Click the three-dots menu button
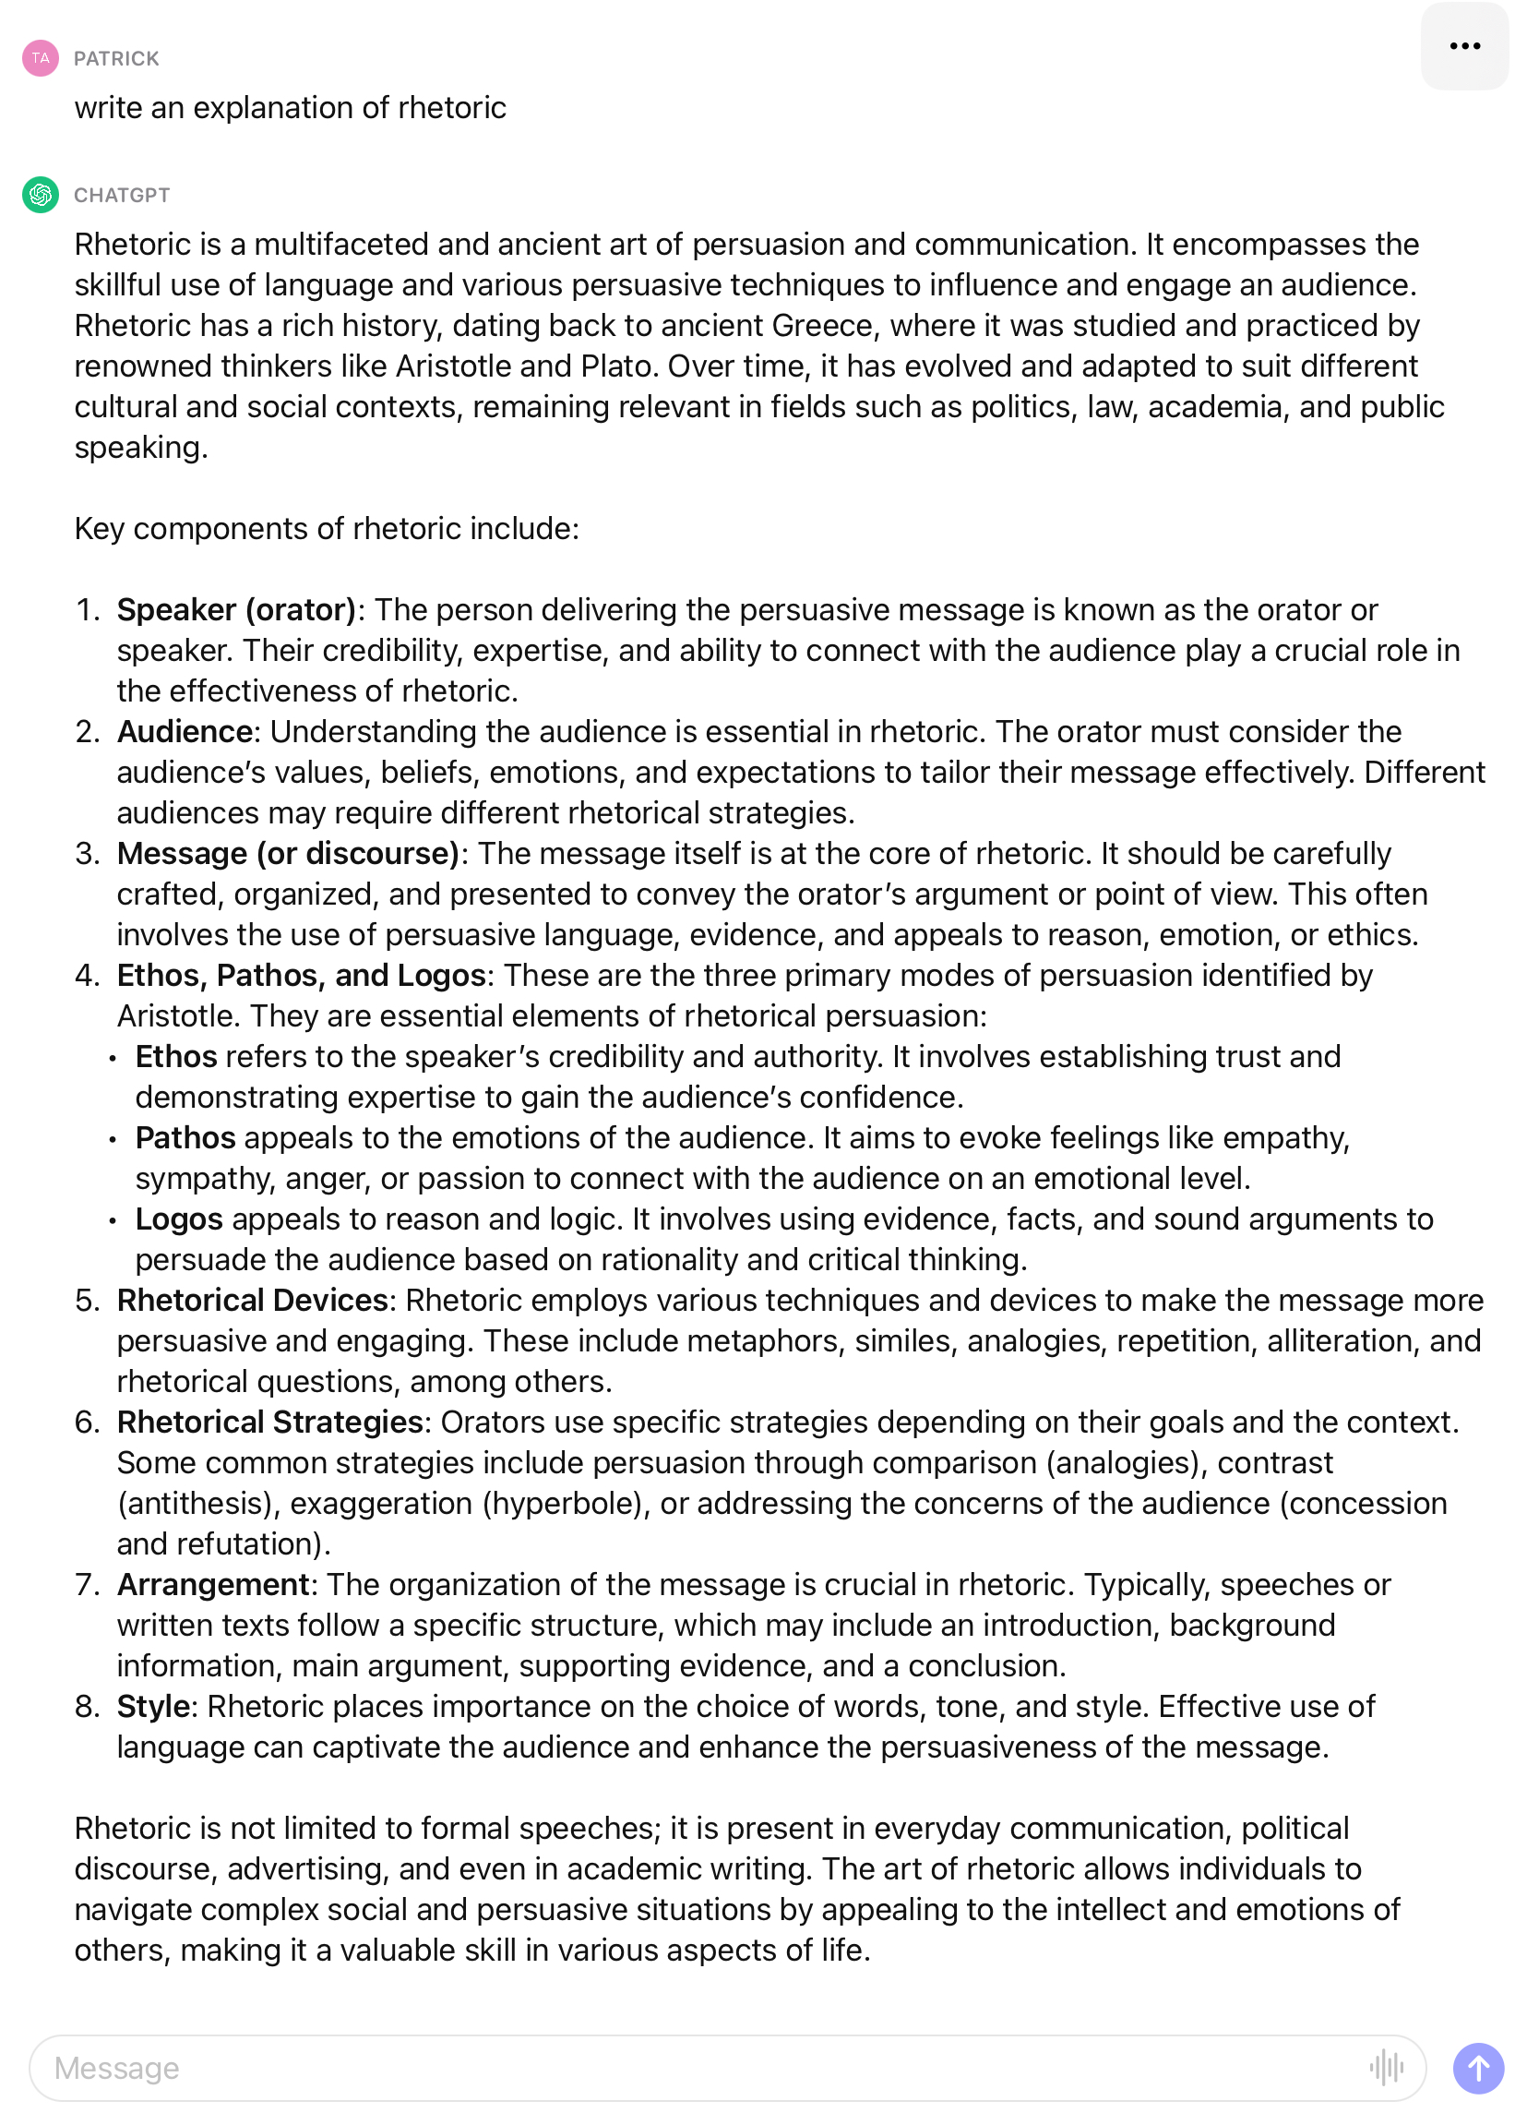[x=1464, y=46]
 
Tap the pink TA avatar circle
[x=41, y=58]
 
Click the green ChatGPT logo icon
[x=41, y=195]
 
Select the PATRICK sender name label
[x=116, y=59]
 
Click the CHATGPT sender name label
[x=122, y=196]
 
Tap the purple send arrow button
[x=1477, y=2067]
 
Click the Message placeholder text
[x=116, y=2068]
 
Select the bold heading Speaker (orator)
[x=236, y=610]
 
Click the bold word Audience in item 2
[x=184, y=732]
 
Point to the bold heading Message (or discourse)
[x=288, y=854]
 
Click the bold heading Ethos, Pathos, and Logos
[x=301, y=976]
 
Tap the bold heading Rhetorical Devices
[x=252, y=1301]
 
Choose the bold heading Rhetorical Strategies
[x=269, y=1423]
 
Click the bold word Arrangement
[x=212, y=1584]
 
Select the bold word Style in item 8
[x=153, y=1706]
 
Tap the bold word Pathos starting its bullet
[x=185, y=1137]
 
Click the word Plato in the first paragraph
[x=615, y=366]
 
